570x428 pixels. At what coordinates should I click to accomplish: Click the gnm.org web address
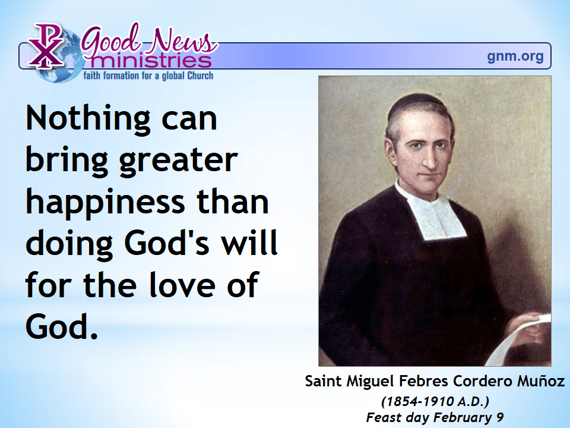tap(515, 56)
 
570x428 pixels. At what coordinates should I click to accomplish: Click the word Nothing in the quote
tap(88, 119)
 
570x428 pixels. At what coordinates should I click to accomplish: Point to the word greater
tap(178, 161)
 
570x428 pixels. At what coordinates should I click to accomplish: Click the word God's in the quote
tap(167, 242)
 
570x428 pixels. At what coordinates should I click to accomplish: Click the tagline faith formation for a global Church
tap(148, 75)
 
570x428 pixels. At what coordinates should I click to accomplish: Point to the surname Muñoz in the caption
tap(541, 381)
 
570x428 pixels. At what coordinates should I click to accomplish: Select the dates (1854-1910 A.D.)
tap(435, 401)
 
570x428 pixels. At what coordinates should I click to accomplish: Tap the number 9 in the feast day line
tap(500, 417)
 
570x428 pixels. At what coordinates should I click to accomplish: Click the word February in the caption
tap(463, 418)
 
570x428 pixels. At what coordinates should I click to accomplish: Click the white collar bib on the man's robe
tap(433, 211)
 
